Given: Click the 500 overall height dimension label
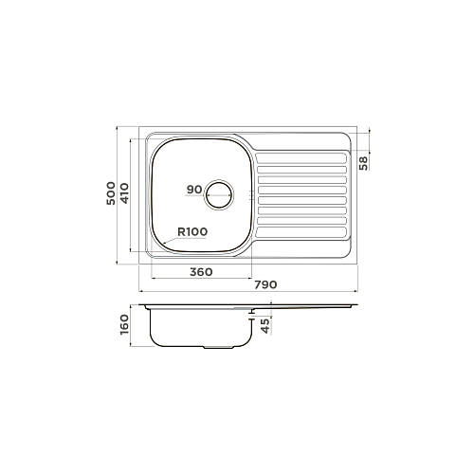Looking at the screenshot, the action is (111, 193).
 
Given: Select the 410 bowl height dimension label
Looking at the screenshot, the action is (125, 193).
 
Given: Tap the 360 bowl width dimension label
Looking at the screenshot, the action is (201, 272).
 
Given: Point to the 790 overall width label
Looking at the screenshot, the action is (265, 284).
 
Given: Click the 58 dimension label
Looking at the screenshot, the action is (364, 163).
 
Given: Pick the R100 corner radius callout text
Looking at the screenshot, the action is (192, 232).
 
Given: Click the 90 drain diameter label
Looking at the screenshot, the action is (194, 190).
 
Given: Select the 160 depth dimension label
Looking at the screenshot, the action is (125, 324).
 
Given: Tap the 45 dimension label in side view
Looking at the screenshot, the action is (266, 325).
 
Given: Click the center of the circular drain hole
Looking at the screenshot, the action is (219, 194).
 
